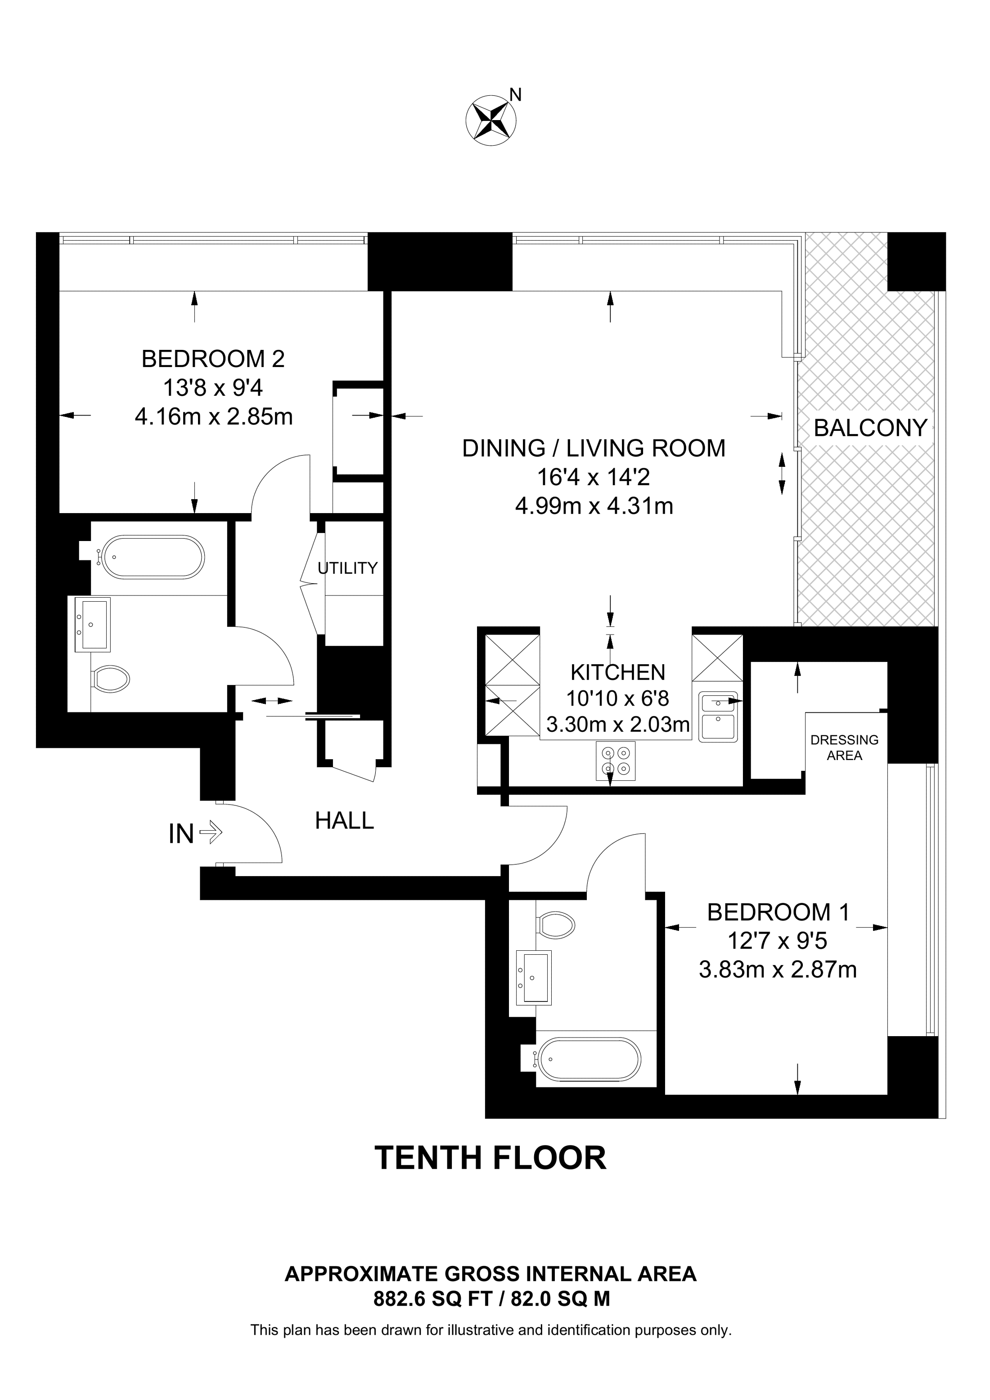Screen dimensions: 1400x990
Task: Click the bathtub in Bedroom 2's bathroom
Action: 153,557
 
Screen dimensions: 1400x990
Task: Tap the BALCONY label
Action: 870,428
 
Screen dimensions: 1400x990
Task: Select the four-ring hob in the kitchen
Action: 616,761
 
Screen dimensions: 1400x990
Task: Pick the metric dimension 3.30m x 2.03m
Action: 617,725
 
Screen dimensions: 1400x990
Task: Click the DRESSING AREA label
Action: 844,747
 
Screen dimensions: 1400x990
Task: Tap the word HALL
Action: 344,821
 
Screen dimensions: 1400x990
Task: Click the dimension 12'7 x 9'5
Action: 777,941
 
